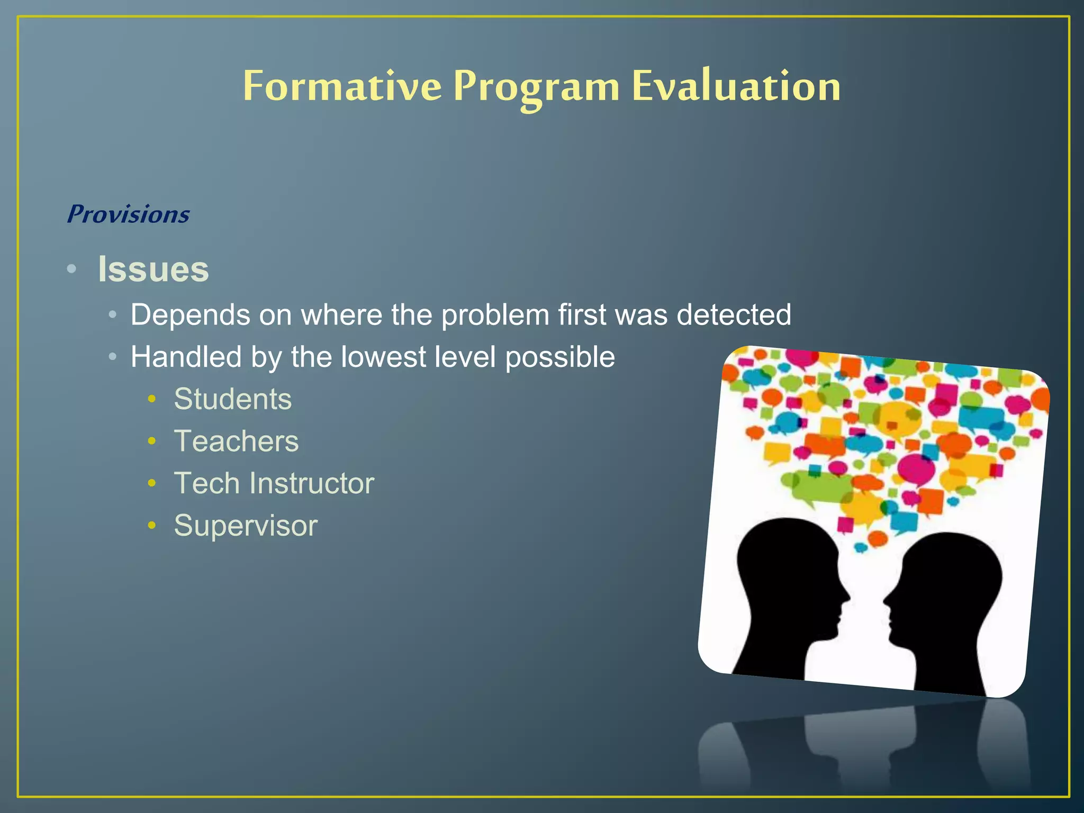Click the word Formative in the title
click(342, 86)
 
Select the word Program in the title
click(536, 87)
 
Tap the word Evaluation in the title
click(736, 86)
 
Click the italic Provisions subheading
click(128, 214)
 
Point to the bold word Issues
click(153, 269)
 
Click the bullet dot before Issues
click(72, 269)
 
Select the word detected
click(734, 315)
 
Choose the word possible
click(560, 358)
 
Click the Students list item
click(233, 399)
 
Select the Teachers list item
click(236, 441)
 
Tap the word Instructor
click(312, 483)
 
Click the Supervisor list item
click(246, 526)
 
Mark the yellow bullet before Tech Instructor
click(152, 483)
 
